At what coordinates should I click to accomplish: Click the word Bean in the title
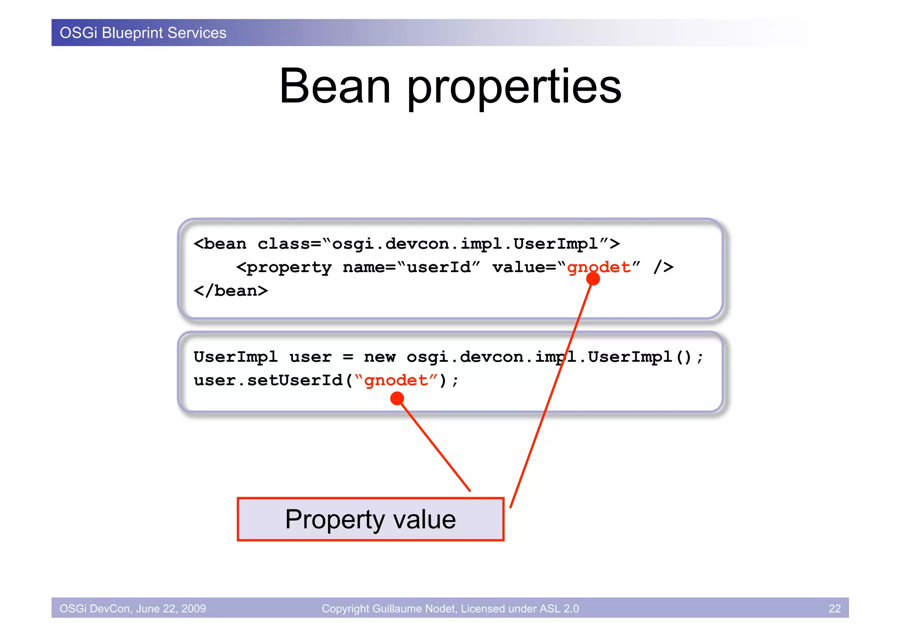pyautogui.click(x=335, y=87)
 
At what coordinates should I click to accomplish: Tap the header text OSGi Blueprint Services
pyautogui.click(x=143, y=33)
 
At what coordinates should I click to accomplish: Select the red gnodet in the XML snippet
pyautogui.click(x=599, y=267)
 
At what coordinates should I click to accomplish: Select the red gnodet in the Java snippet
pyautogui.click(x=396, y=380)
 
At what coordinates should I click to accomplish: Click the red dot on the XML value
pyautogui.click(x=593, y=279)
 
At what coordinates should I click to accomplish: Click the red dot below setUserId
pyautogui.click(x=397, y=398)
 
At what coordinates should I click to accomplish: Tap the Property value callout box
pyautogui.click(x=370, y=519)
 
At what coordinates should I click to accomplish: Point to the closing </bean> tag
pyautogui.click(x=231, y=291)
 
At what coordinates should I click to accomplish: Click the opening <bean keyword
pyautogui.click(x=220, y=244)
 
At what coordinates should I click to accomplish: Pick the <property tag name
pyautogui.click(x=284, y=268)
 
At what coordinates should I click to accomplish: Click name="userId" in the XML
pyautogui.click(x=411, y=267)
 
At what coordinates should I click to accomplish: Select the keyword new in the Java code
pyautogui.click(x=380, y=357)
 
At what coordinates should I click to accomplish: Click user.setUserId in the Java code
pyautogui.click(x=268, y=380)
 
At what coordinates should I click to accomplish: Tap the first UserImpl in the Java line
pyautogui.click(x=236, y=357)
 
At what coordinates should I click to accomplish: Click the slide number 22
pyautogui.click(x=834, y=608)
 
